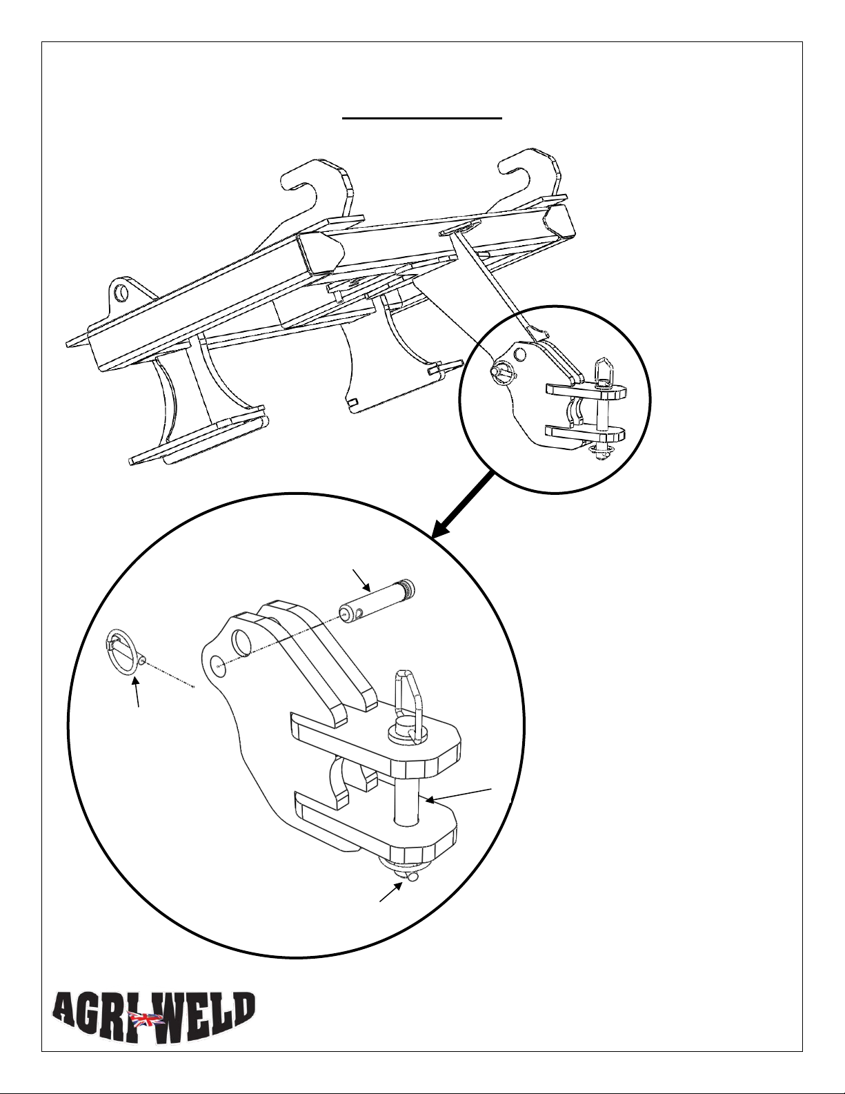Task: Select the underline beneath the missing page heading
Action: coord(422,118)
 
